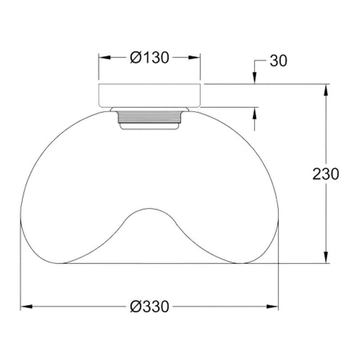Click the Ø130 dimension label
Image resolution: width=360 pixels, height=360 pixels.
[x=149, y=57]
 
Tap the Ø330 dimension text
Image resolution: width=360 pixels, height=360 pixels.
[x=149, y=306]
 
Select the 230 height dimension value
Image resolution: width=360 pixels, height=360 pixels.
[x=326, y=174]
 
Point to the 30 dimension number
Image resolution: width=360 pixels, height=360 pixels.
[x=278, y=61]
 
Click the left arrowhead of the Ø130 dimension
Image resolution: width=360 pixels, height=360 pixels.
[x=104, y=57]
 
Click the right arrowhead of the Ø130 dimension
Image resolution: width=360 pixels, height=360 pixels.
[x=195, y=57]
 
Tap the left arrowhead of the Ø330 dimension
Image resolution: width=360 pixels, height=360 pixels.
[x=26, y=307]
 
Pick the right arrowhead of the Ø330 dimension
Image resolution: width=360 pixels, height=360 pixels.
[x=272, y=307]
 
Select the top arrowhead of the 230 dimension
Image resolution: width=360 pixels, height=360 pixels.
[x=326, y=90]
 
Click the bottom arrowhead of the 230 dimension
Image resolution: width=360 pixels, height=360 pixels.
[x=326, y=257]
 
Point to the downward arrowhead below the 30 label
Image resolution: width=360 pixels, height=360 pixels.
[x=254, y=78]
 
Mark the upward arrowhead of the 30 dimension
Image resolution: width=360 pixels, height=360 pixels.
[x=254, y=113]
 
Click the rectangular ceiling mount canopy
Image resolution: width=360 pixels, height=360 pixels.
[x=149, y=96]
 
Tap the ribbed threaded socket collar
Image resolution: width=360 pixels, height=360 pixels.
[x=149, y=117]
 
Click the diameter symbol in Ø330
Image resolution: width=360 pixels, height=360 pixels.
[x=135, y=307]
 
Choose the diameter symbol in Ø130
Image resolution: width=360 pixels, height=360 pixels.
[x=135, y=58]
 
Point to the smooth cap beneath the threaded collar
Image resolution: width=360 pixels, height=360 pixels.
[x=149, y=127]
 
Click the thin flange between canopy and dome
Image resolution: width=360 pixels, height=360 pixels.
[x=149, y=109]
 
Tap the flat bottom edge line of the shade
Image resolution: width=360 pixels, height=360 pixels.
[x=149, y=264]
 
